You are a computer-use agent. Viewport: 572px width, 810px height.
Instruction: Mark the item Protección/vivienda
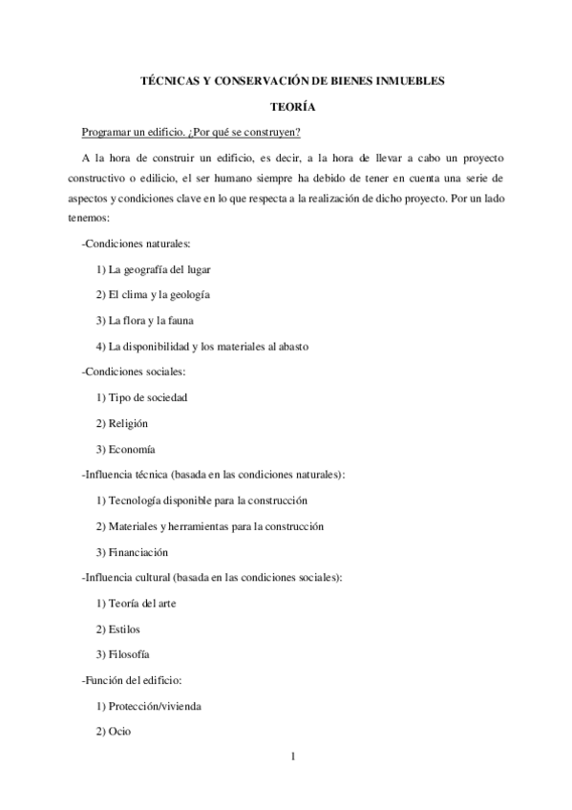tap(154, 706)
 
